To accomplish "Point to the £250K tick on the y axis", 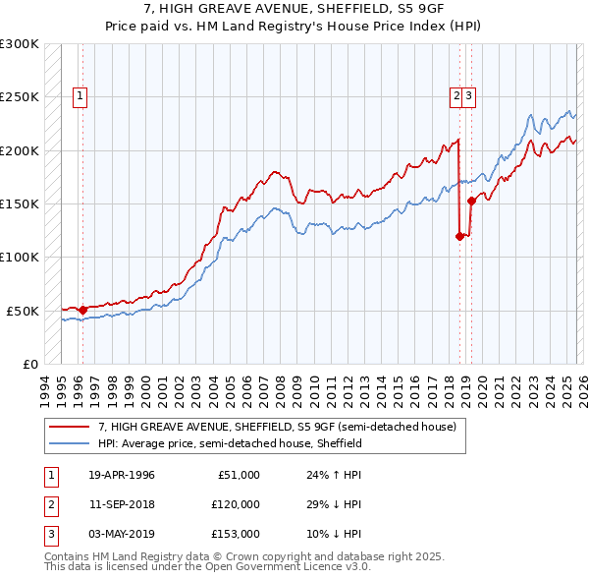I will (21, 97).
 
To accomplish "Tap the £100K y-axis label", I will (21, 257).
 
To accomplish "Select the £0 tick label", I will (28, 364).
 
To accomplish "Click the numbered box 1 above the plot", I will (80, 96).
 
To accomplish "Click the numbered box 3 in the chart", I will (470, 96).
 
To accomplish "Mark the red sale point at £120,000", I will (459, 235).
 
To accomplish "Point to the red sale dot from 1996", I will (82, 310).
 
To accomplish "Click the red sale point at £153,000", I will (471, 201).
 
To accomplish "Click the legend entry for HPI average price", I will (231, 444).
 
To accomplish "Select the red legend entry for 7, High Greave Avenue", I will (277, 428).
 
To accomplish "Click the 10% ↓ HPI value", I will (335, 534).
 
